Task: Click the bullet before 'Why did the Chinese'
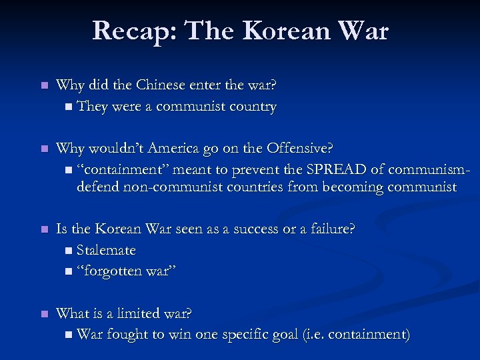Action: (43, 86)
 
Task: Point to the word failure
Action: (329, 229)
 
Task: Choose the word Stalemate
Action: (106, 250)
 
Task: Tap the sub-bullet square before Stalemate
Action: (71, 251)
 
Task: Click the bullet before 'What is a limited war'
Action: (43, 313)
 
